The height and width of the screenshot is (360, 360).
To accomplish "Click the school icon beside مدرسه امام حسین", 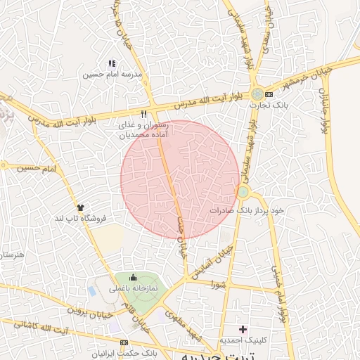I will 112,63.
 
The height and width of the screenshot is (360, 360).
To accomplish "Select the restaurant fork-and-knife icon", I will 143,113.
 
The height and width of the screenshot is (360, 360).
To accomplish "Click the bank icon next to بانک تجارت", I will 269,94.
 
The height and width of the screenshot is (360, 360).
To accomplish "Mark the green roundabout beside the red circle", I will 243,191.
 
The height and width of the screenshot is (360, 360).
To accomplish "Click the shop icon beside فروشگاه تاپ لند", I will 80,207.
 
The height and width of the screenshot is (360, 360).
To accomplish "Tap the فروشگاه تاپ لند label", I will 80,219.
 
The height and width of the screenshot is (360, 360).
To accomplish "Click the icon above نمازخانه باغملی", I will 133,277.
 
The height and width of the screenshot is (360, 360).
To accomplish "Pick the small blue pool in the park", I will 93,290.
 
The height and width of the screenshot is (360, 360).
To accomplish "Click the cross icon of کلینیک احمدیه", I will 243,329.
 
